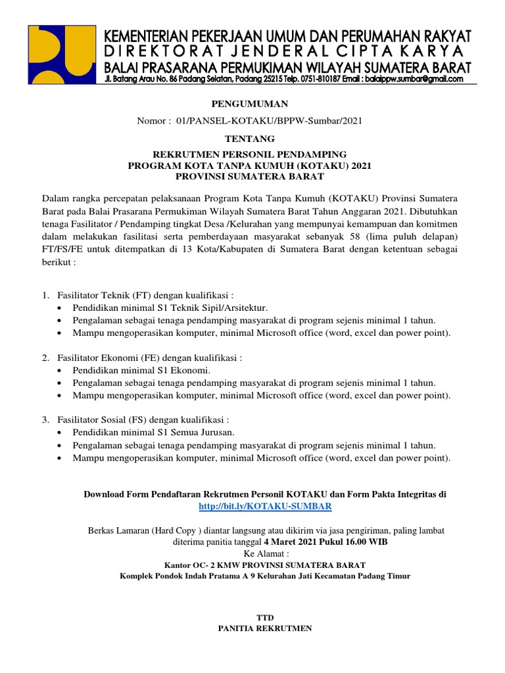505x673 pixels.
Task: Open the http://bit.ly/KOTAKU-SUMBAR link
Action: point(265,507)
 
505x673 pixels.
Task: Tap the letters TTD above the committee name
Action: point(264,617)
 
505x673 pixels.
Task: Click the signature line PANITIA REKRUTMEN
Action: point(264,628)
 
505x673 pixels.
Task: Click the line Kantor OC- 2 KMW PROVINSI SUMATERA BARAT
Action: point(264,565)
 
